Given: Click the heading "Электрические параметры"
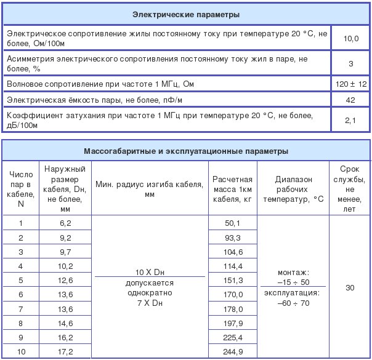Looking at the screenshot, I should tap(186, 14).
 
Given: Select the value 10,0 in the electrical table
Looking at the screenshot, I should tap(350, 38).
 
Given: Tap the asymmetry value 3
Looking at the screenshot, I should tap(350, 63).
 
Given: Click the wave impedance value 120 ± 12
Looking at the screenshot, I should tap(350, 83).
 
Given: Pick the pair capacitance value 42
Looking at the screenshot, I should tap(350, 99).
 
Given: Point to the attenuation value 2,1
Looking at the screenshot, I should tap(350, 120).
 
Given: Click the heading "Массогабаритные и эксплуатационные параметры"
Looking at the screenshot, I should tap(186, 150).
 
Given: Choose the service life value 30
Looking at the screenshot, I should tap(350, 288).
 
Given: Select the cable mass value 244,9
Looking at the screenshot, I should tap(233, 352).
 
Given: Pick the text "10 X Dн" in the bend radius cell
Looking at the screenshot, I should tap(149, 271).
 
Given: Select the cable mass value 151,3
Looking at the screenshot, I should tap(233, 281).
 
